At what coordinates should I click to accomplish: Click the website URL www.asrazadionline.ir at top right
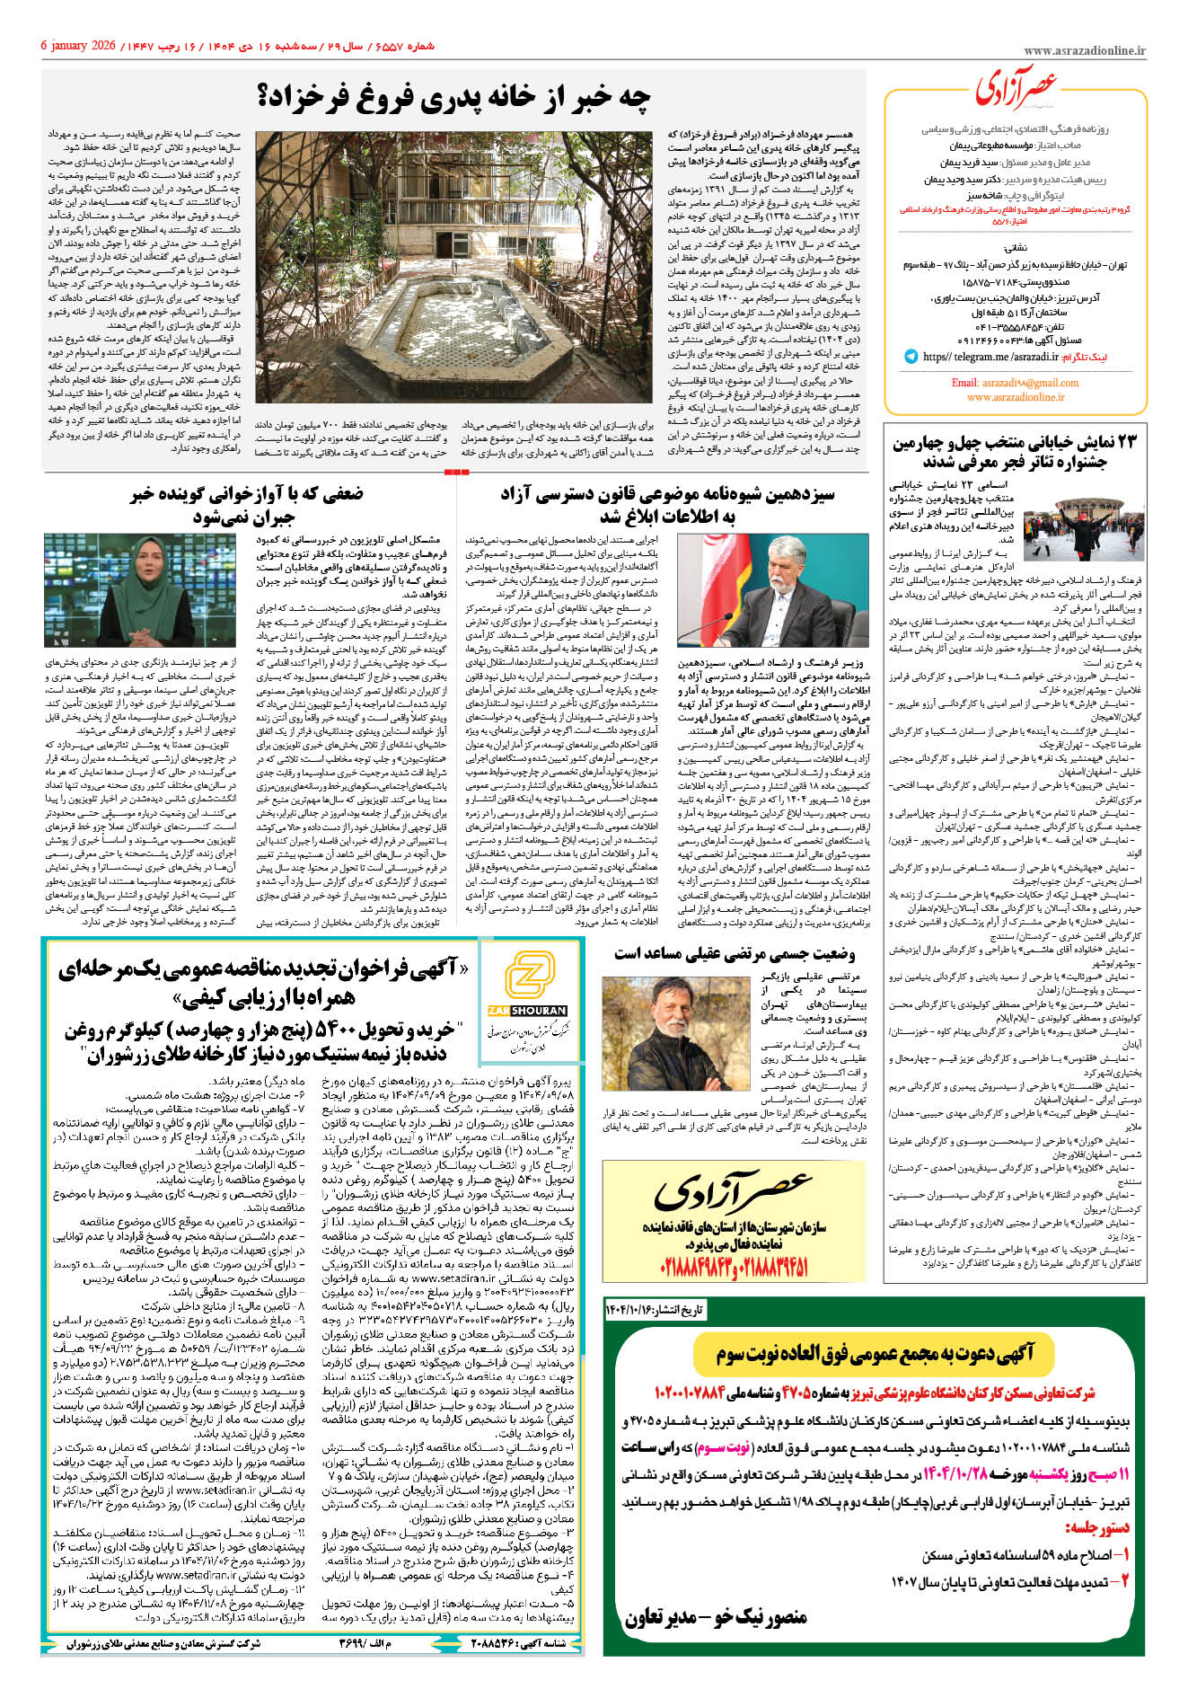coord(1084,52)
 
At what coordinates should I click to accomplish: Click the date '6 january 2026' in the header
coord(79,46)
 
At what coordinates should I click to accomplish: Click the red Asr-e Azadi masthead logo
coord(1016,88)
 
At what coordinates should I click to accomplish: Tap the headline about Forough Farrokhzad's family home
coord(454,98)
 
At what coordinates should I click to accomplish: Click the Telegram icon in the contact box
coord(911,357)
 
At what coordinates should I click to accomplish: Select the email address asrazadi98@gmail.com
coord(1015,383)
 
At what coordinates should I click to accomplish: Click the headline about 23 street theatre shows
coord(1014,452)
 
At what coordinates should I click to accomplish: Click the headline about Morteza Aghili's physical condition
coord(734,953)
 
